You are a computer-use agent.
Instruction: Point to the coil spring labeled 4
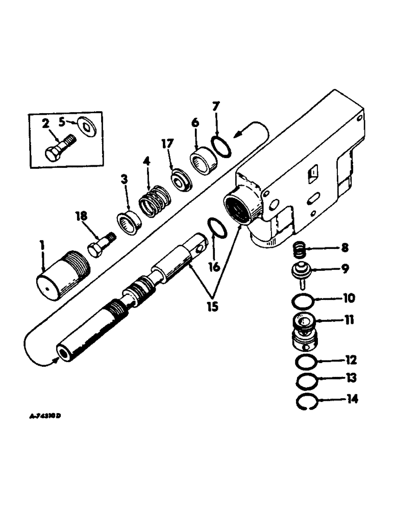coord(153,194)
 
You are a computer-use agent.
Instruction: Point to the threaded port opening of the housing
coord(240,203)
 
